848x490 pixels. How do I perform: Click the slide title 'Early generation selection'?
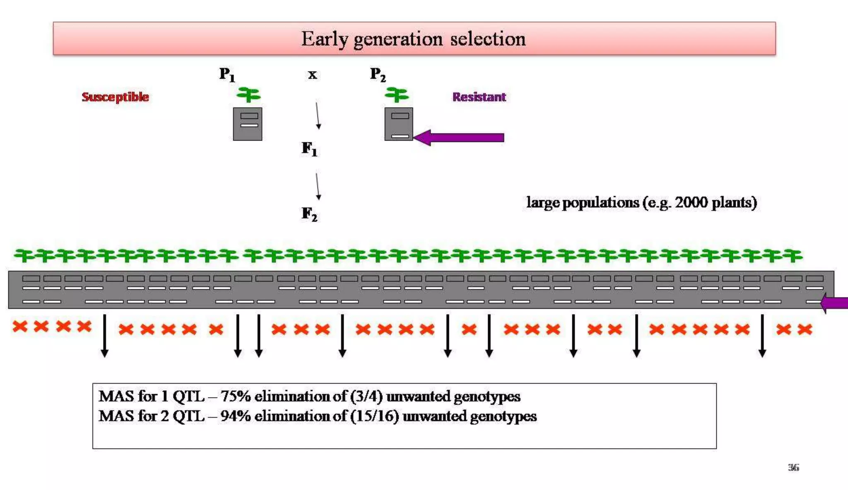(413, 39)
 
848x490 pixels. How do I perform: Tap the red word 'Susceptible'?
(115, 97)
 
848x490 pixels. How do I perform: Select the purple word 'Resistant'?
(479, 97)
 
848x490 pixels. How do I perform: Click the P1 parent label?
(227, 75)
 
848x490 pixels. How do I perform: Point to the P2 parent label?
(378, 75)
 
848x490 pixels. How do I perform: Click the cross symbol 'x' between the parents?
(312, 75)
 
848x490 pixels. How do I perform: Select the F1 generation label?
(309, 148)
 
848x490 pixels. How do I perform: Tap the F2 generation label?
(309, 214)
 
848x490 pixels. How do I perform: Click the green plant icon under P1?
(248, 95)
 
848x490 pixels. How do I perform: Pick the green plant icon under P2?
(397, 95)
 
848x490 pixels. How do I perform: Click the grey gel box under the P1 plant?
(248, 124)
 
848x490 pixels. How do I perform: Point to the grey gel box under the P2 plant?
(398, 124)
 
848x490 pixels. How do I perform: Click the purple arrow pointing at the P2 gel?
(460, 138)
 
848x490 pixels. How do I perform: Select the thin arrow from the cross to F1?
(318, 116)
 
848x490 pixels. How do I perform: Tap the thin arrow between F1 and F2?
(318, 187)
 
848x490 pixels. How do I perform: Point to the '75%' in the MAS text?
(235, 396)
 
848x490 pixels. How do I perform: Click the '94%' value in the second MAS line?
(235, 416)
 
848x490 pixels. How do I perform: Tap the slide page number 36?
(793, 468)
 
